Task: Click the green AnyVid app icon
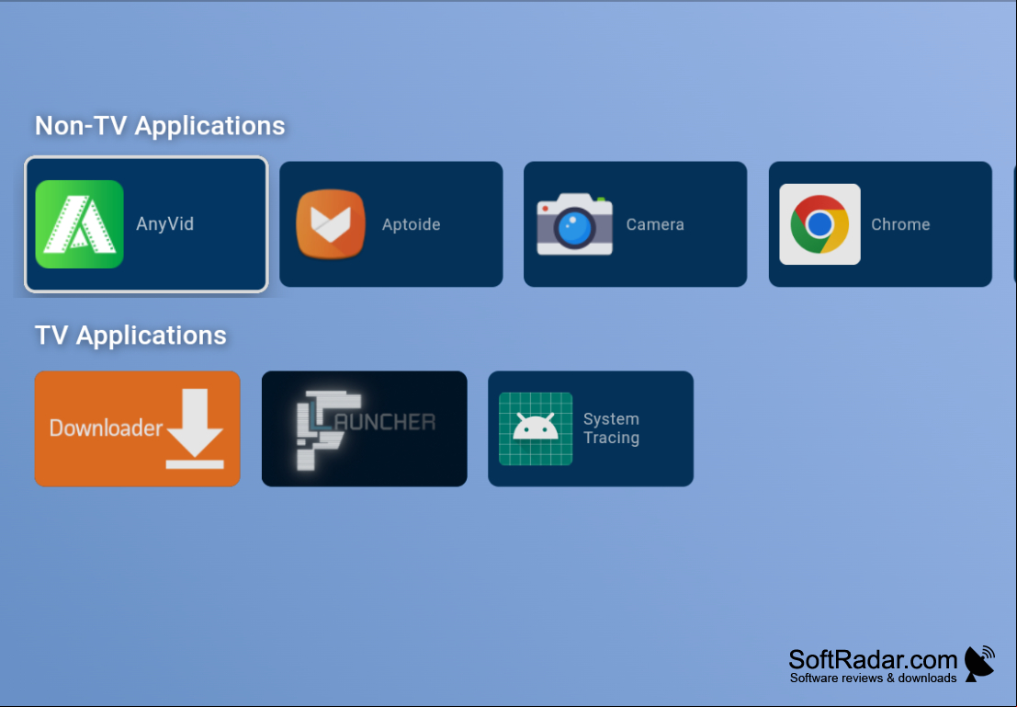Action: pos(79,224)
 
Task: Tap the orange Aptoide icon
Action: pos(331,224)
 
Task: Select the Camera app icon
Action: pos(575,224)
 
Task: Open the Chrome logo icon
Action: pos(819,224)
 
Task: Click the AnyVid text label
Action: pos(164,224)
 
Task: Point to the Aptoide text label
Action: pos(412,224)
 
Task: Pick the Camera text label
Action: pos(655,224)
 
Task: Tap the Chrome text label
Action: pos(900,224)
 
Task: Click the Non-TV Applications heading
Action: pos(160,126)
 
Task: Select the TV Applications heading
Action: pos(130,336)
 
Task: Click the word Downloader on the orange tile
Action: pos(106,428)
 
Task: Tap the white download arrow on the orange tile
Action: pos(195,428)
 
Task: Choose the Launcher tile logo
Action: pos(365,429)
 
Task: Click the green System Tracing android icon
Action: pos(536,428)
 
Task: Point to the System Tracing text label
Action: pos(611,428)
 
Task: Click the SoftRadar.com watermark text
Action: pos(873,659)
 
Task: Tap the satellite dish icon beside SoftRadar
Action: pos(979,664)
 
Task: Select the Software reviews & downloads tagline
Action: pos(873,678)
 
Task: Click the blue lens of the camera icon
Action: pos(575,229)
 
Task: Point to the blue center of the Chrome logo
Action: pos(819,224)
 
